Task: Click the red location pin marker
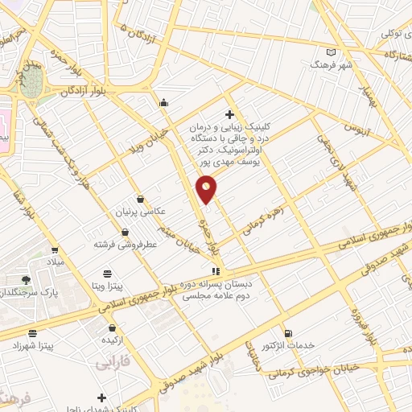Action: tap(208, 188)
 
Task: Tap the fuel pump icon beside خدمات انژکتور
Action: tap(289, 333)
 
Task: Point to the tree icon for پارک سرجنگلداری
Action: tap(27, 280)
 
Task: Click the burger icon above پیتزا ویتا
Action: tap(107, 274)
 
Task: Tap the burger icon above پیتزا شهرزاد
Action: tap(32, 333)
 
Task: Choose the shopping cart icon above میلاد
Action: tap(55, 250)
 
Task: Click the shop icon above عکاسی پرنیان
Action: tap(142, 199)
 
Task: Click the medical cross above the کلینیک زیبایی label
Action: tap(230, 114)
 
